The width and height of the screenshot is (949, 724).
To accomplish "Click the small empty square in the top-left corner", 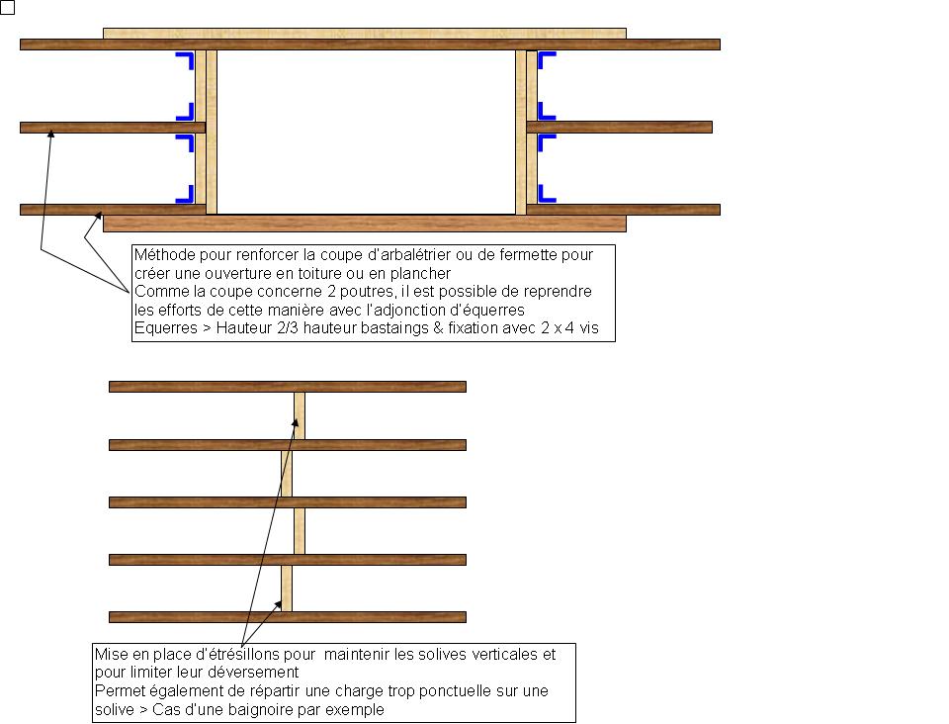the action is click(7, 7).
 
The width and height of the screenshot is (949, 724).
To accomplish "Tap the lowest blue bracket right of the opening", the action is click(545, 194).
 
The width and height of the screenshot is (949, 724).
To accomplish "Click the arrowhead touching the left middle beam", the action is click(50, 135).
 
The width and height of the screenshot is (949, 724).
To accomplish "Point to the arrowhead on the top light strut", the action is click(296, 422).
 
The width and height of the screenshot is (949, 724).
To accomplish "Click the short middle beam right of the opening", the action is click(619, 128).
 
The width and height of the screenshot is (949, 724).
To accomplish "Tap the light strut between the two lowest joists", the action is click(287, 588).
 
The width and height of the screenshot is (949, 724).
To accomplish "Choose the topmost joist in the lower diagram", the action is click(288, 387).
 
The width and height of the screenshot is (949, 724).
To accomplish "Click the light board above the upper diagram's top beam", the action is click(365, 34).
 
